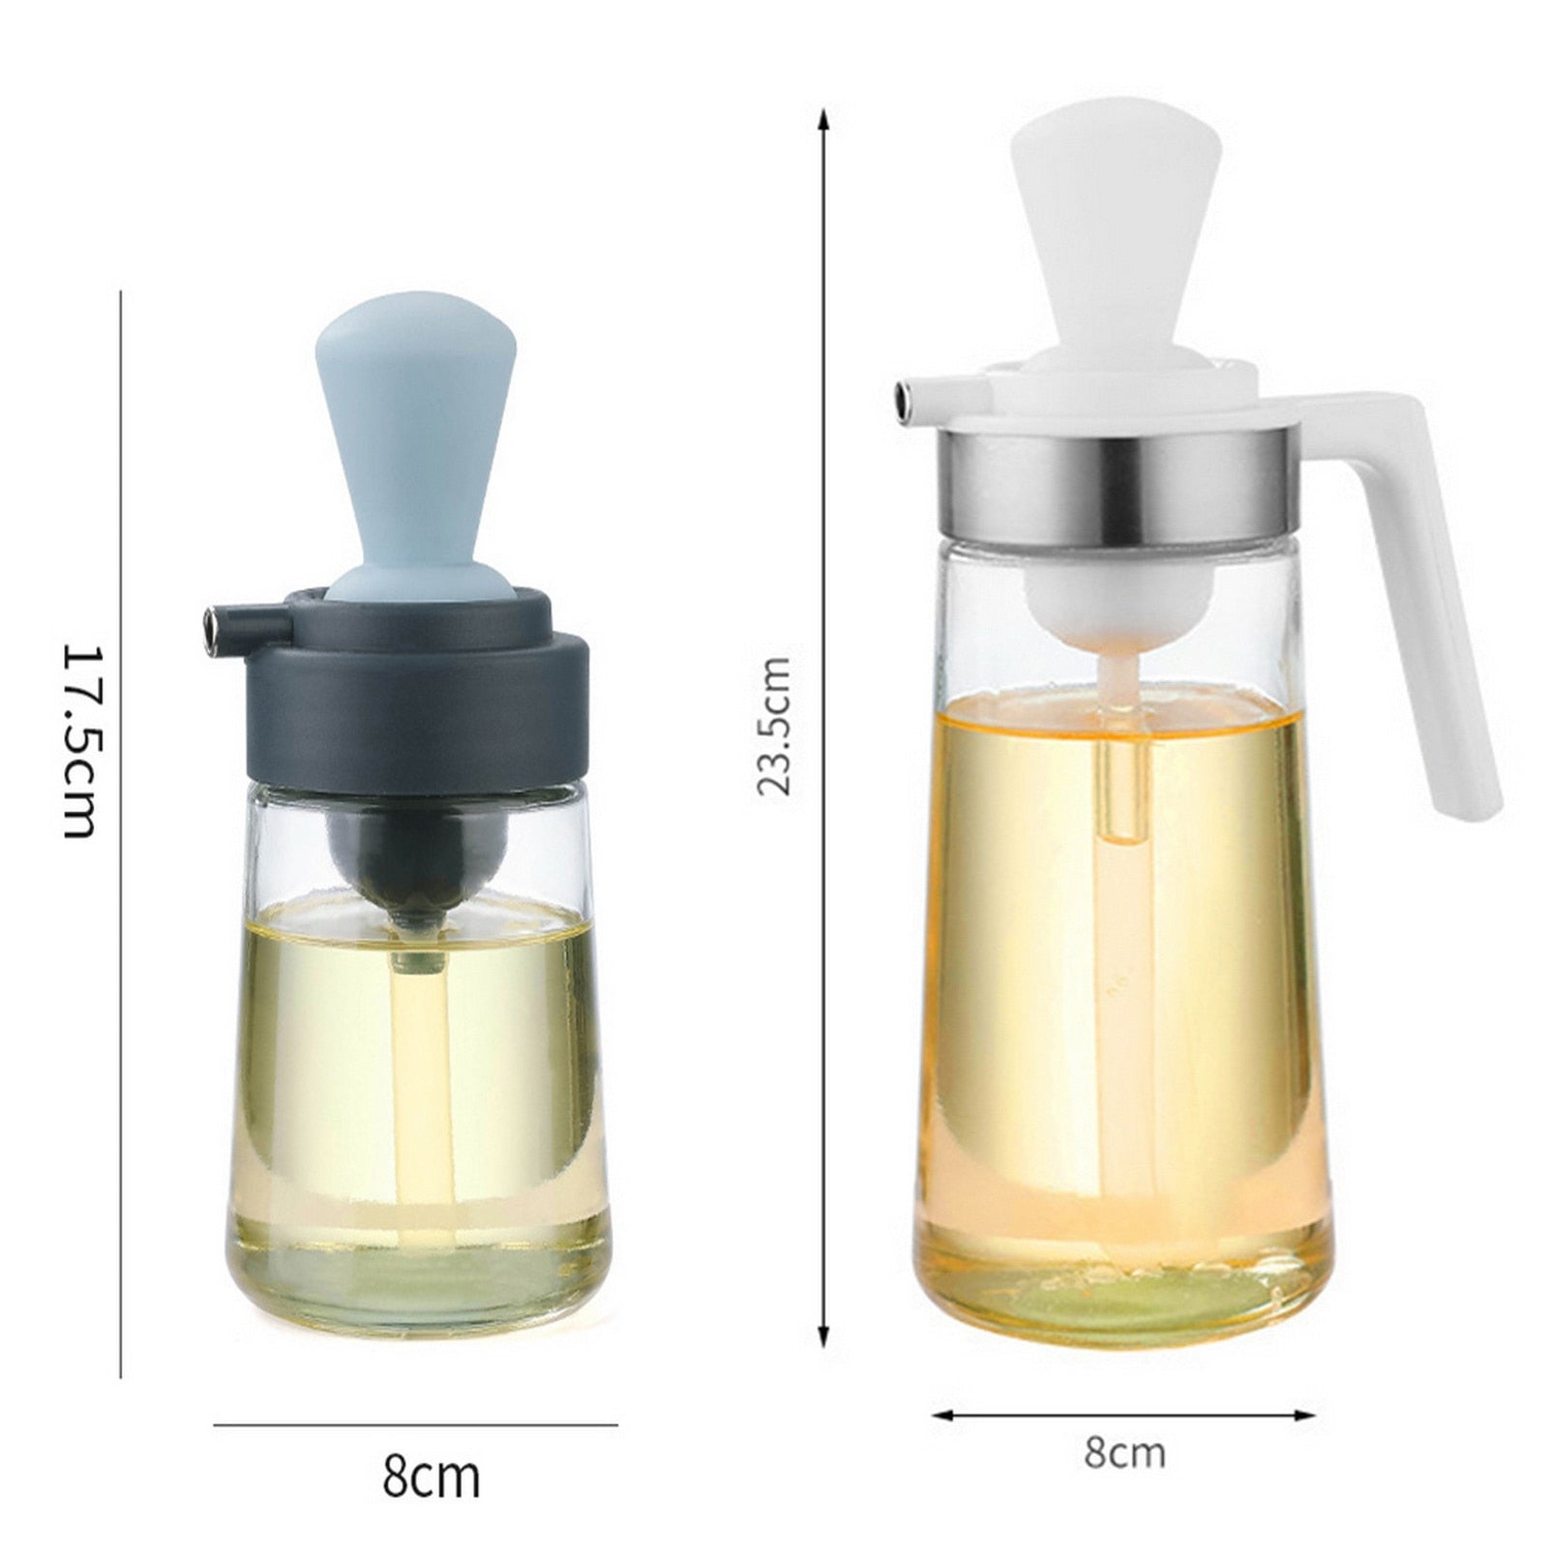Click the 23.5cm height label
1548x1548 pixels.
coord(774,726)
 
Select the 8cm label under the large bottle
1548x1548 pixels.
coord(1124,1453)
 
